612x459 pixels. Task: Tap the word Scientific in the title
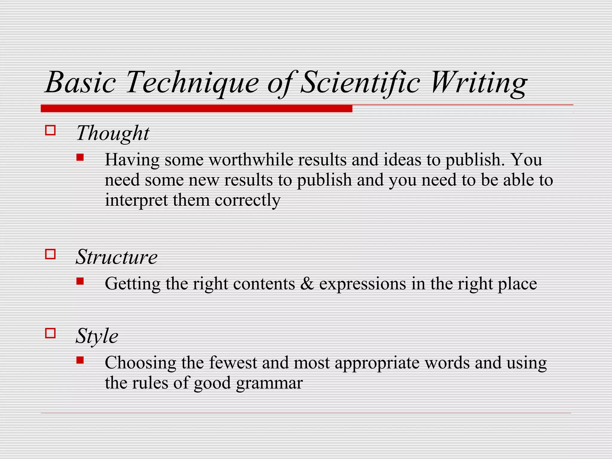click(x=360, y=82)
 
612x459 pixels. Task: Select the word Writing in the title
click(x=478, y=82)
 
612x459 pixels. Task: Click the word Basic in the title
click(x=81, y=82)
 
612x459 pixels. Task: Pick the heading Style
click(x=97, y=336)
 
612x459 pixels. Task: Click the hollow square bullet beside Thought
click(x=50, y=130)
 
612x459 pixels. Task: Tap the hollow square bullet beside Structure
click(x=50, y=254)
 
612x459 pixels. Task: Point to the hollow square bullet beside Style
click(x=50, y=333)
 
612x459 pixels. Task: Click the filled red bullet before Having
click(x=80, y=157)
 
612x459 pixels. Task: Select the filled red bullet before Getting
click(x=80, y=281)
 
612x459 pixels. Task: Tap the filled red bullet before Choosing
click(x=80, y=360)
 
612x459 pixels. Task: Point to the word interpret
click(x=136, y=200)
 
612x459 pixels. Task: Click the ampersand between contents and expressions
click(x=307, y=284)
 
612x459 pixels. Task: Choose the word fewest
click(x=233, y=363)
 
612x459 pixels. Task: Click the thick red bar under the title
click(x=196, y=108)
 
